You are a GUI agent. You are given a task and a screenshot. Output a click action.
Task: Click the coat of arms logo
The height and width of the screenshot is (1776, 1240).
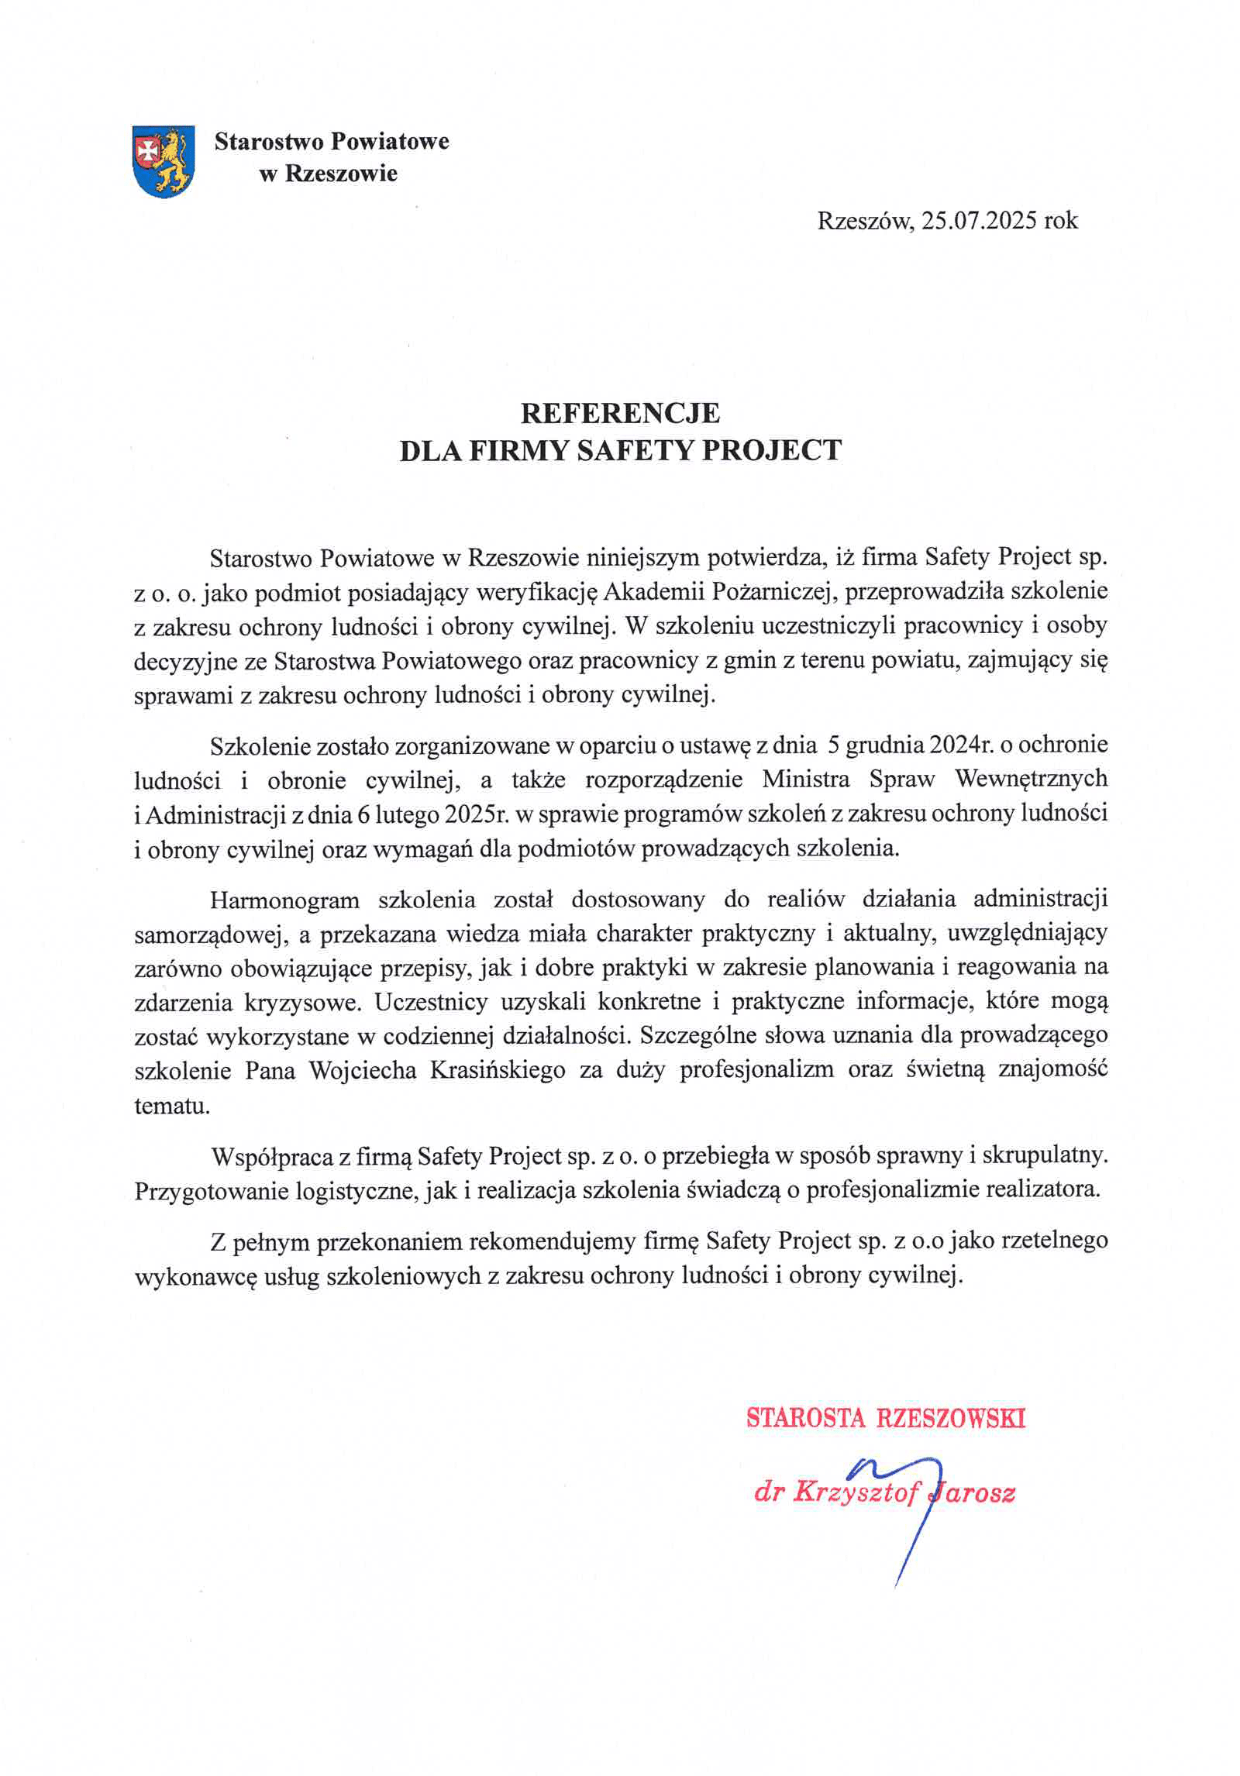coord(163,161)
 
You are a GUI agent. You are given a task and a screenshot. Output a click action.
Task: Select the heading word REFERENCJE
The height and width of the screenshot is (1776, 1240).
coord(620,413)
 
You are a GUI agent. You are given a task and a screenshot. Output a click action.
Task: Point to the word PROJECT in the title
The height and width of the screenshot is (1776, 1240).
coord(771,450)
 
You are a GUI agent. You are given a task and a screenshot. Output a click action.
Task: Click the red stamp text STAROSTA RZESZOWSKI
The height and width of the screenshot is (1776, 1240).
coord(886,1418)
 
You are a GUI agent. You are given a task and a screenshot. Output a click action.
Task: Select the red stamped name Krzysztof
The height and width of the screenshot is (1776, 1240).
coord(856,1492)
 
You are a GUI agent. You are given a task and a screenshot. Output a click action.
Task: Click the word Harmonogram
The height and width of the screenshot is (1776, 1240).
coord(284,900)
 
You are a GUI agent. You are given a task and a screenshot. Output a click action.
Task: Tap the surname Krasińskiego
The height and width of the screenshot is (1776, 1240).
coord(497,1070)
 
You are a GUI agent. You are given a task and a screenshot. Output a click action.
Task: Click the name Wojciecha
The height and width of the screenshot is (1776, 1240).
coord(363,1070)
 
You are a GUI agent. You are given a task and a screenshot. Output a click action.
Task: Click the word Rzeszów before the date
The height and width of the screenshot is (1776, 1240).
coord(865,221)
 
